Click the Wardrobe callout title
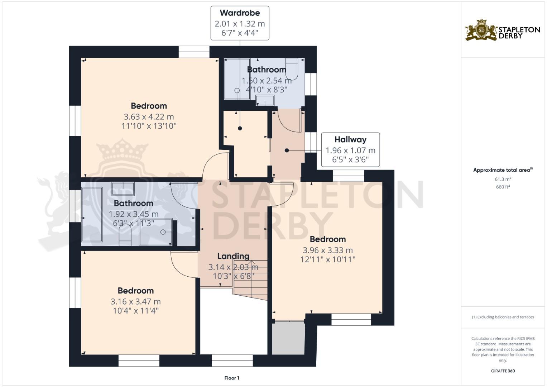240,13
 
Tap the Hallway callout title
350,139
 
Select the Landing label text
233,256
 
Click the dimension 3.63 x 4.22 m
149,116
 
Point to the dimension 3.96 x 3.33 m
327,250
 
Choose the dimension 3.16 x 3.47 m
135,301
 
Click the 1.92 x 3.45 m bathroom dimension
133,214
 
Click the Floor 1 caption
232,378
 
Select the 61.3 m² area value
503,179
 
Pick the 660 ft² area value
503,187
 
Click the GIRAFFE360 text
503,371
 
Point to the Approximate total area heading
503,170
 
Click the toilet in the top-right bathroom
292,69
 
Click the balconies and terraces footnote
503,317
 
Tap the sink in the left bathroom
123,188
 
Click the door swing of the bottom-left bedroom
183,264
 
